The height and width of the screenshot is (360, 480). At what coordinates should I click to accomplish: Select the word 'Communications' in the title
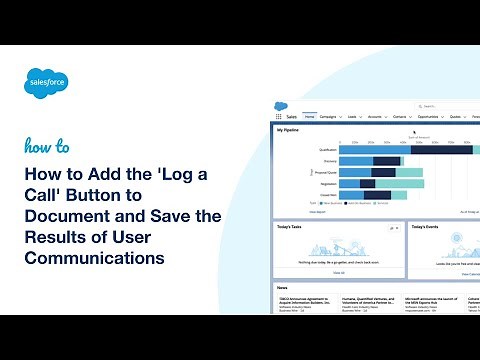pos(95,257)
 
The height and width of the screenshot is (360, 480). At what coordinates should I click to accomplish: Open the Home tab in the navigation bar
pos(310,117)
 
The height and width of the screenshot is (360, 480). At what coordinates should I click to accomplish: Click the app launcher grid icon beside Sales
pos(279,117)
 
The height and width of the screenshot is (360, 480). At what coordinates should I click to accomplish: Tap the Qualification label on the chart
pos(326,149)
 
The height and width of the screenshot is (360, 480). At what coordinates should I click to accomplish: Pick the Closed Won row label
pos(327,196)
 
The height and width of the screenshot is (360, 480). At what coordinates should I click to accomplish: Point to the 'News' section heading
pos(284,288)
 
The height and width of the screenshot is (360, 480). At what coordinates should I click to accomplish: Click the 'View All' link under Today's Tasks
pos(339,272)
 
